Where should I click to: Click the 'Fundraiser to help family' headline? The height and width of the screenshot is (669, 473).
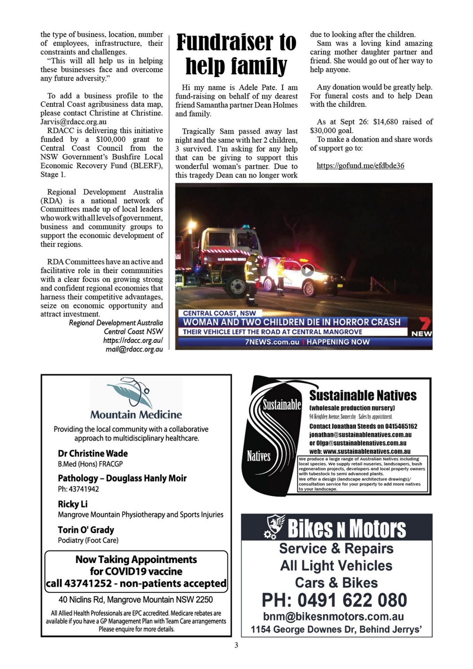pos(236,54)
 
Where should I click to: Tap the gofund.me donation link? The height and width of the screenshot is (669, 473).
pos(360,166)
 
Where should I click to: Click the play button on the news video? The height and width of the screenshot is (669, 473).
pos(307,270)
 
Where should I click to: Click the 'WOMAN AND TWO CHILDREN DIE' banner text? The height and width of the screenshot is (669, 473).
pos(292,322)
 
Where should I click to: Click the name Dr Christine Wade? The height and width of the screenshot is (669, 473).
pos(93,453)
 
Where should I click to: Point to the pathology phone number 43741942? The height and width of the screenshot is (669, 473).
pos(78,489)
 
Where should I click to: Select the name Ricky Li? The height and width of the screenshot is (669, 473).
pos(72,504)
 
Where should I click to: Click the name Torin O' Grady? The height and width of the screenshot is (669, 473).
pos(86,530)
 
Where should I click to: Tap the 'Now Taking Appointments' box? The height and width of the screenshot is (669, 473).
pos(136,571)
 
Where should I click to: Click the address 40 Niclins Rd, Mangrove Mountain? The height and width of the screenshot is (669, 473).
pos(135,599)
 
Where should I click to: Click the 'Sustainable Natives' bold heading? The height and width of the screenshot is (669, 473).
pos(363,395)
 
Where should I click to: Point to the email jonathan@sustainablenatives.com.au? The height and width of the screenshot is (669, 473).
pos(360,435)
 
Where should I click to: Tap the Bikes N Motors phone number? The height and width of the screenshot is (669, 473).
pos(334,600)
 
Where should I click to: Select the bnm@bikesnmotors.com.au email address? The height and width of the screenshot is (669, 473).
pos(333,616)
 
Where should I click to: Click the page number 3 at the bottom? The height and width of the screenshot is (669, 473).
pos(236,645)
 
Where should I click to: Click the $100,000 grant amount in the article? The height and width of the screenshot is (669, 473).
pos(111,139)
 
